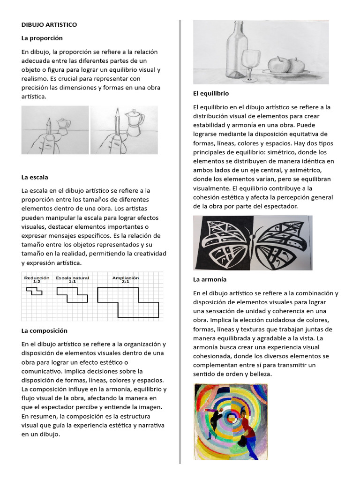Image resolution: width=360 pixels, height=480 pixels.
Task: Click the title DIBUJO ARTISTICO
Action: click(x=49, y=24)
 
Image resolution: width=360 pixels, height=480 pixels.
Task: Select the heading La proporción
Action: click(x=42, y=38)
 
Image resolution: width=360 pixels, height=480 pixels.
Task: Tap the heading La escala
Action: click(x=35, y=177)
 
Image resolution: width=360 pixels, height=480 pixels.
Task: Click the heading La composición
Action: click(x=45, y=330)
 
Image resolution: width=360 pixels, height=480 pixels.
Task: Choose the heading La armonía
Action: click(x=210, y=279)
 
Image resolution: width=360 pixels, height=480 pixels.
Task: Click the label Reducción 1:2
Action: click(x=36, y=280)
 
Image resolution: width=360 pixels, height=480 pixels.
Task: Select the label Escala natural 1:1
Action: click(x=72, y=280)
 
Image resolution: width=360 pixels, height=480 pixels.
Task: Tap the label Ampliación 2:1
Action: click(x=125, y=280)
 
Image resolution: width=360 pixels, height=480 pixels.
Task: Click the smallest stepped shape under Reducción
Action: click(x=34, y=292)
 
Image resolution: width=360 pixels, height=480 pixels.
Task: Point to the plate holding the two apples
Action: click(x=286, y=73)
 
